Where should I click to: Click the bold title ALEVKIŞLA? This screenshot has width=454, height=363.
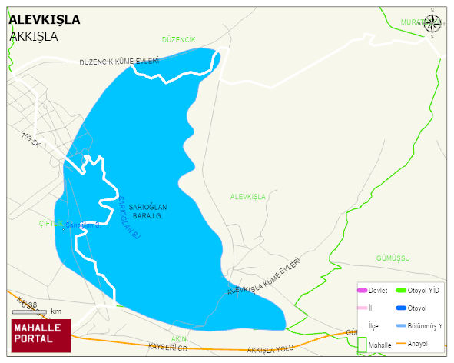[x=44, y=20]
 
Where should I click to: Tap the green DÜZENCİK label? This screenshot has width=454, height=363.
[x=179, y=39]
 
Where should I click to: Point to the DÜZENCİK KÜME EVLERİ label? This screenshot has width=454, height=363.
[x=119, y=61]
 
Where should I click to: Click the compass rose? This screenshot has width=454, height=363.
[x=432, y=24]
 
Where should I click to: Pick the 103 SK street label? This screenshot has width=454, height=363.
[x=31, y=140]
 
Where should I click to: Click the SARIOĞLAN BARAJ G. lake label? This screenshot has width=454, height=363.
[x=147, y=211]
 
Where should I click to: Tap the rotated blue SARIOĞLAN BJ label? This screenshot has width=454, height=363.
[x=128, y=218]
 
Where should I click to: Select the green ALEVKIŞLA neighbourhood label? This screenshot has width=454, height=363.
[x=247, y=197]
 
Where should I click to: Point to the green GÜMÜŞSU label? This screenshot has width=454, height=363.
[x=394, y=258]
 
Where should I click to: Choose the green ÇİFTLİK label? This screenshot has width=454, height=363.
[x=51, y=224]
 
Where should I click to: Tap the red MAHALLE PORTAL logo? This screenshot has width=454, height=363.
[x=40, y=335]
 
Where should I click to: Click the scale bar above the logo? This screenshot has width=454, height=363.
[x=31, y=311]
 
